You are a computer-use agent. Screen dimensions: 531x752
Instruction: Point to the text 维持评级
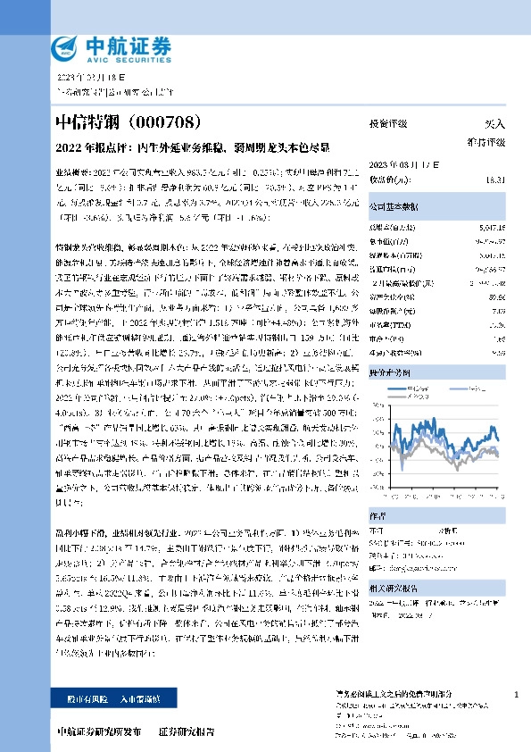click(487, 141)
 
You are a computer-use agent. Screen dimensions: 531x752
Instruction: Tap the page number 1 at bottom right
click(518, 694)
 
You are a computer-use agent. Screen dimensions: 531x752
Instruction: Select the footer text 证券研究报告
click(187, 731)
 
